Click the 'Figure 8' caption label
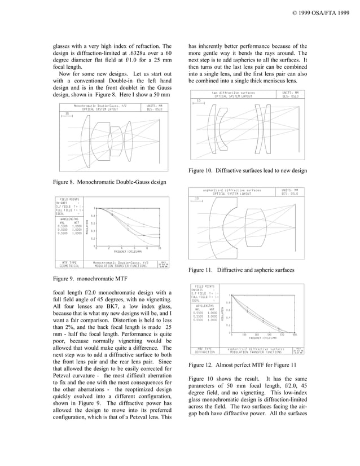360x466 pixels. click(x=67, y=182)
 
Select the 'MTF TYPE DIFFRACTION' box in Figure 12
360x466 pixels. click(x=204, y=351)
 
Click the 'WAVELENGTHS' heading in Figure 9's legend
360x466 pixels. click(x=68, y=218)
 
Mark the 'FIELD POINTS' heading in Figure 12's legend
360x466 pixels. click(x=204, y=287)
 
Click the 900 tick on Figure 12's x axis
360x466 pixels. click(x=295, y=335)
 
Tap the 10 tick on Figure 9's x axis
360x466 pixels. click(x=160, y=248)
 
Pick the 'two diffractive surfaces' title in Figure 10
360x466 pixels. click(x=233, y=93)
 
